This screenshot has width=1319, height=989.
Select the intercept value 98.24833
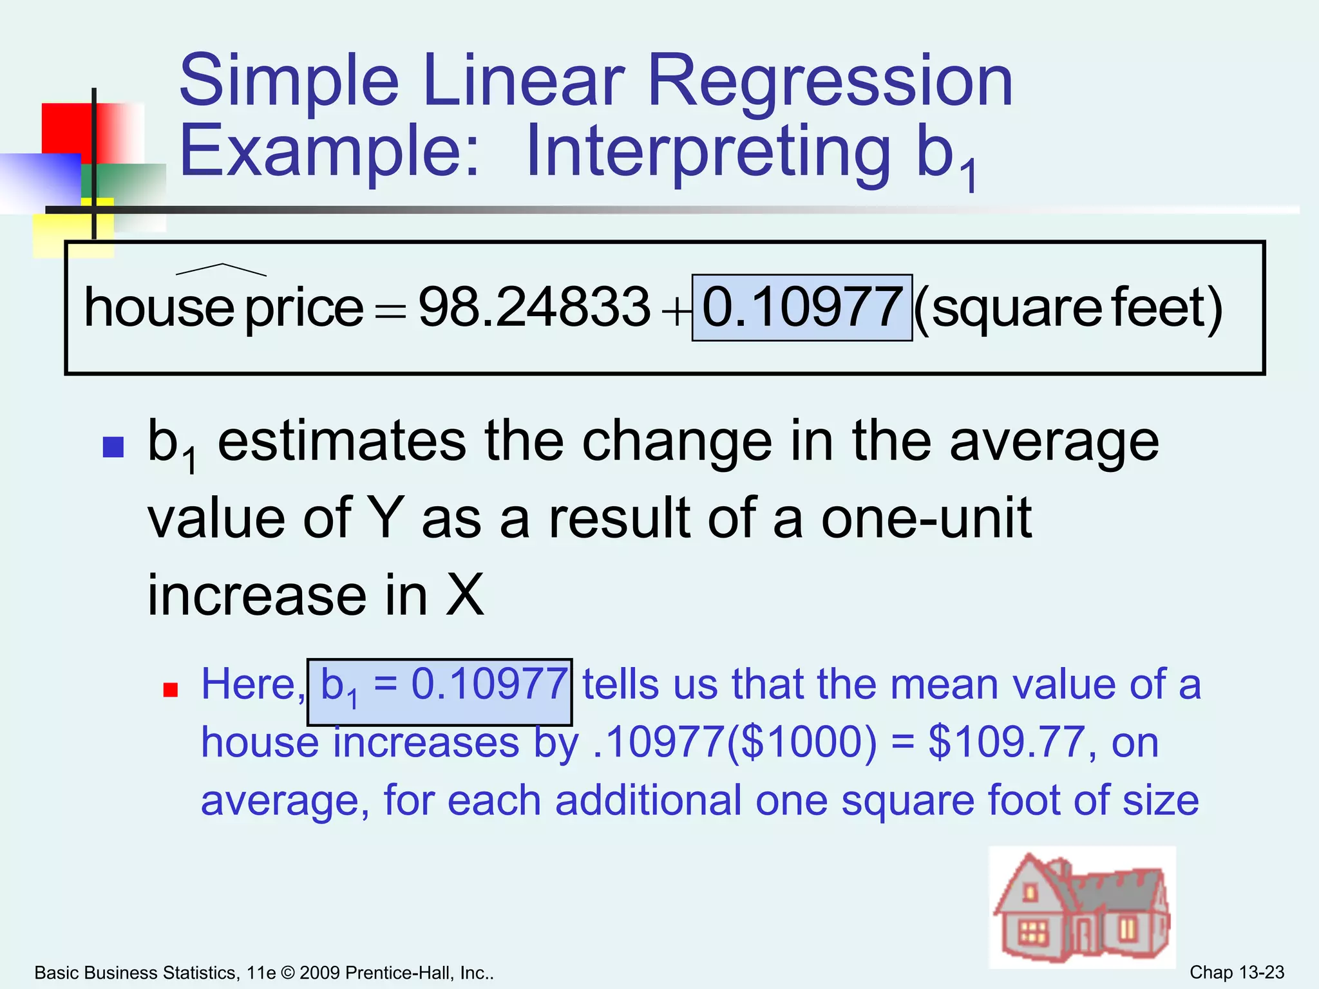click(x=534, y=307)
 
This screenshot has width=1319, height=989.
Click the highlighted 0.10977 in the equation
click(x=802, y=307)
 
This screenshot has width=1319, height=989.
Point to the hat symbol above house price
click(x=221, y=268)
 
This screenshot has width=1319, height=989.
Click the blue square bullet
click(x=113, y=447)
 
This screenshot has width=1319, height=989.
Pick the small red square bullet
click(x=170, y=690)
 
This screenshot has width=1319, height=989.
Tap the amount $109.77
click(x=1005, y=742)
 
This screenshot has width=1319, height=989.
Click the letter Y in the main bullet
click(x=384, y=518)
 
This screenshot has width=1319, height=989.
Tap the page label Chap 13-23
click(x=1237, y=972)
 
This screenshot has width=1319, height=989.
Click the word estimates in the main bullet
click(x=342, y=442)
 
